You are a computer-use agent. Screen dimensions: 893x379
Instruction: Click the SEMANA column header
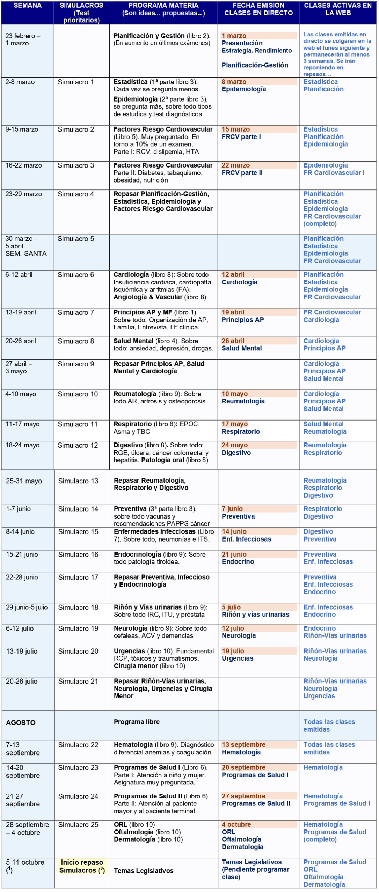(x=27, y=6)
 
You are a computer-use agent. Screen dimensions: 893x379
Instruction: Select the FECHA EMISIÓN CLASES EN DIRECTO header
(x=258, y=9)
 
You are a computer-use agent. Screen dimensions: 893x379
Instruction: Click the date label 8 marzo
(x=234, y=82)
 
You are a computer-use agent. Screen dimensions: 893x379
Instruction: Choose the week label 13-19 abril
(x=21, y=312)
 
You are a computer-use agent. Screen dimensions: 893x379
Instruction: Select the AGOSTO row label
(x=21, y=722)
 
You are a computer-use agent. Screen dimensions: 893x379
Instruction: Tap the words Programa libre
(x=137, y=722)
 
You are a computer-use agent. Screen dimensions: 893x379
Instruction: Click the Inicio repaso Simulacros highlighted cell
(x=82, y=866)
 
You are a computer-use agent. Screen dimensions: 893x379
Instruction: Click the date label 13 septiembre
(x=243, y=745)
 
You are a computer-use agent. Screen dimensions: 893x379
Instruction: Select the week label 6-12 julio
(x=20, y=628)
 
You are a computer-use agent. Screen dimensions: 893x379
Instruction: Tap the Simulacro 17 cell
(x=78, y=577)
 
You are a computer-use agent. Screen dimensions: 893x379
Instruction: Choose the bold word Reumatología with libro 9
(x=135, y=394)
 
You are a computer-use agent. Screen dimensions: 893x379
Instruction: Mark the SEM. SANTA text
(x=26, y=254)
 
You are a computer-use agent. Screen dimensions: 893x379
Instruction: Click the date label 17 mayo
(x=234, y=424)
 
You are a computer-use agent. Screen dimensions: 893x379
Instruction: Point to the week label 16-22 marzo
(x=23, y=165)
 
